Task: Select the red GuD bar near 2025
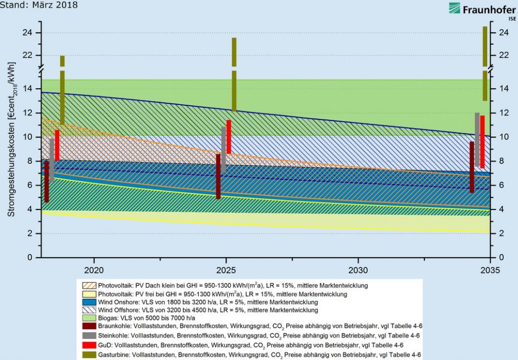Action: click(229, 137)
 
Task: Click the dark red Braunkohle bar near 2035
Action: click(472, 167)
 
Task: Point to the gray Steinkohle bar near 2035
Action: click(477, 139)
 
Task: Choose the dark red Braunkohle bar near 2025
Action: click(219, 176)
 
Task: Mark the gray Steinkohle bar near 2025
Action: click(224, 149)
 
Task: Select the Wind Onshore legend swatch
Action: click(88, 302)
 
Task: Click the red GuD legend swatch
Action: click(88, 345)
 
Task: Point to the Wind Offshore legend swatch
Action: click(88, 310)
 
